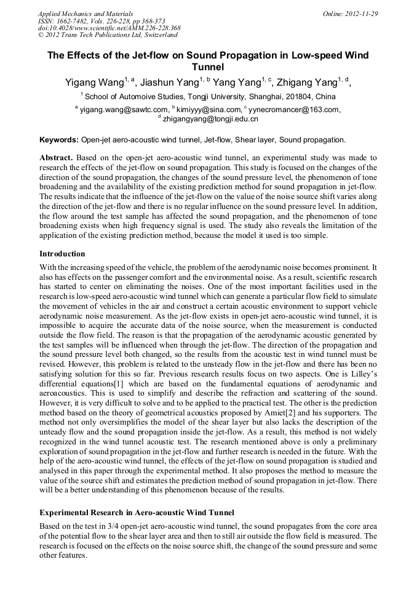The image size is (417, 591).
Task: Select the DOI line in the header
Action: tap(109, 28)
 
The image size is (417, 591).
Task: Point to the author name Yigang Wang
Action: tap(94, 83)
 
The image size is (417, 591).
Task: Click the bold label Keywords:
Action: tap(59, 140)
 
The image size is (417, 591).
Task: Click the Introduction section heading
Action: tap(62, 253)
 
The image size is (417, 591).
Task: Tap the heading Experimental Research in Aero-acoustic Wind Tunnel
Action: tap(137, 513)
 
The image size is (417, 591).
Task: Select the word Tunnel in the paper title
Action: tap(208, 67)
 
